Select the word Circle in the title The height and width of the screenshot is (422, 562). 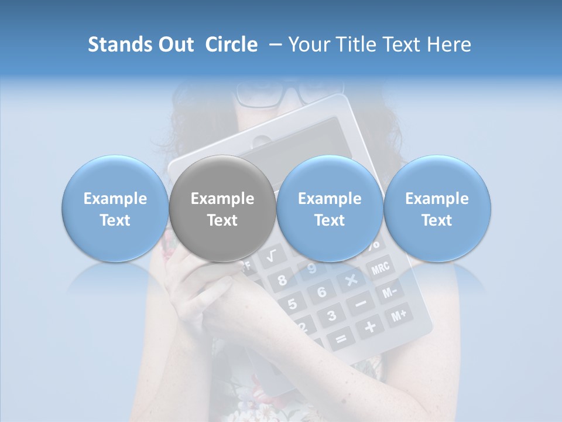coord(231,45)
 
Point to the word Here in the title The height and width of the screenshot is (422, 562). coord(450,45)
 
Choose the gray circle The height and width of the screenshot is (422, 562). coord(222,209)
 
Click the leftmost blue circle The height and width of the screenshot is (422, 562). coord(115,209)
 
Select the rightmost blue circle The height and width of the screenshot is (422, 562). coord(437,209)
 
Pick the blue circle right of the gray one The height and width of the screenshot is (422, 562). coord(330,209)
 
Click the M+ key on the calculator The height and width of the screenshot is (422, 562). coord(398,316)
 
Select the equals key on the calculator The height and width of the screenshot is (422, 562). coord(340,339)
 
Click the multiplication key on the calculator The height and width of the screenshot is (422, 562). coord(351,280)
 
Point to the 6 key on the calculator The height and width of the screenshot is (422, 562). coord(321,292)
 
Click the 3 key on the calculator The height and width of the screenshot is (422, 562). coord(331,316)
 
